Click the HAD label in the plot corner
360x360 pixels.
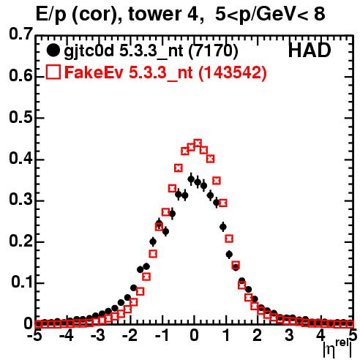click(310, 50)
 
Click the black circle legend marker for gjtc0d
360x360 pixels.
click(53, 50)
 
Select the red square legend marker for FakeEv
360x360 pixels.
click(53, 72)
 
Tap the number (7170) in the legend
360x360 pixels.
click(213, 50)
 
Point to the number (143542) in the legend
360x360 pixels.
click(232, 72)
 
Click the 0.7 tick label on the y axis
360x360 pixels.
click(20, 34)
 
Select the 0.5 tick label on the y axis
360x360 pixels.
click(20, 117)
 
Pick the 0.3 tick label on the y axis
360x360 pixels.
click(20, 200)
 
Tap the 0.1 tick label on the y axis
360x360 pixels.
click(21, 282)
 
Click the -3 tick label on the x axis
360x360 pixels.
click(98, 335)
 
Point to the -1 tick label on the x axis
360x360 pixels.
click(162, 335)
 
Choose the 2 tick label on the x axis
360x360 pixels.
click(258, 335)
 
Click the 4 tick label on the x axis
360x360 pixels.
click(320, 335)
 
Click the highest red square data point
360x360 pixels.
click(198, 143)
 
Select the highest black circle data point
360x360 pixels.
click(191, 179)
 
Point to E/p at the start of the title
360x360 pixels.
click(50, 15)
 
